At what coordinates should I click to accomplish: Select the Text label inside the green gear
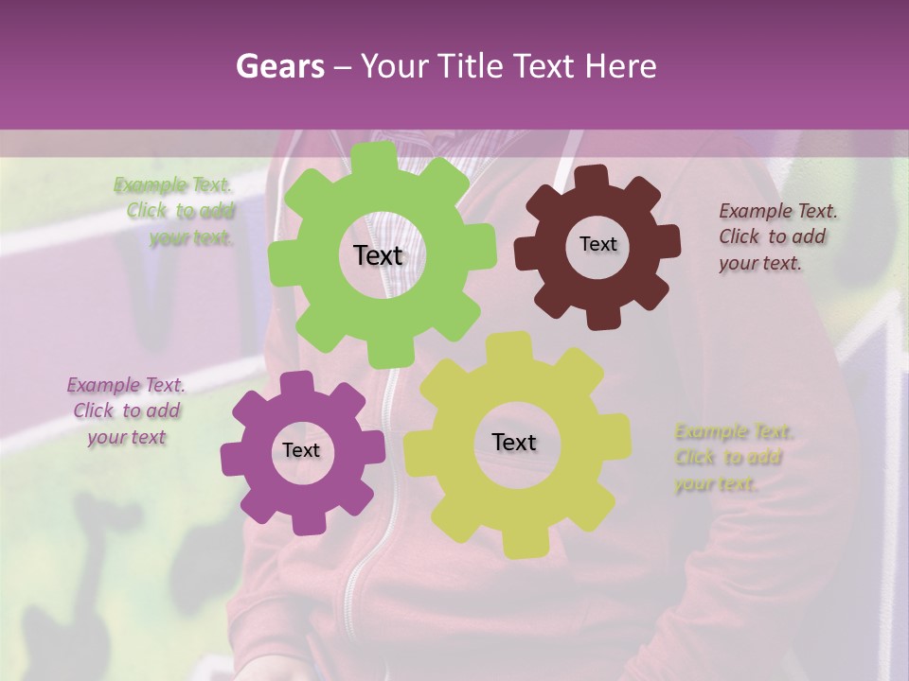point(378,255)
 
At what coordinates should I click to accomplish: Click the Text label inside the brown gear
point(597,244)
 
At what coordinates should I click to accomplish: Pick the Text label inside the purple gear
point(301,450)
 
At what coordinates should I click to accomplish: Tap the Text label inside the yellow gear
point(514,442)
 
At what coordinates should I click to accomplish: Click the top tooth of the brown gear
point(590,177)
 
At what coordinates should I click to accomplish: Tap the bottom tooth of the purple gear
point(304,521)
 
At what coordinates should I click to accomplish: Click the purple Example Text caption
point(126,410)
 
